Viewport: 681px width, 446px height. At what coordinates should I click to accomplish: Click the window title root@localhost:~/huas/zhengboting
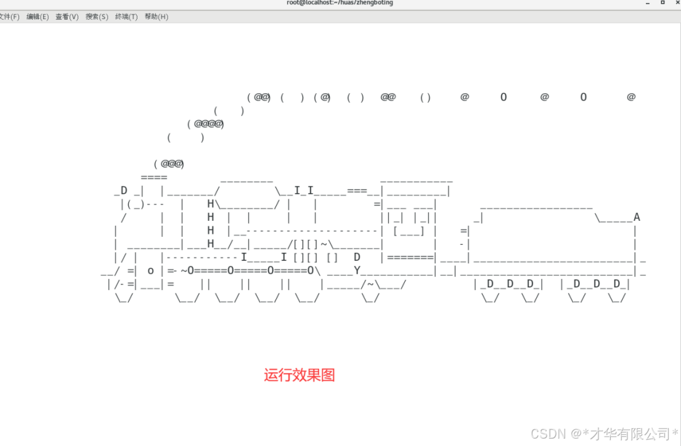[340, 2]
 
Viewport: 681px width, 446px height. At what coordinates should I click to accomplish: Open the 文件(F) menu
[9, 17]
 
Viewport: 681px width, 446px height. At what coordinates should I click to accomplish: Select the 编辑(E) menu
[38, 17]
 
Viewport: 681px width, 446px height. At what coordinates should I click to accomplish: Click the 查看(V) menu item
[67, 17]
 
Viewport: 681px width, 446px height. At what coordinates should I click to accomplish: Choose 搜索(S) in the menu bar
[97, 17]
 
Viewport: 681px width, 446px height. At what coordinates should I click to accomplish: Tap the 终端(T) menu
[126, 17]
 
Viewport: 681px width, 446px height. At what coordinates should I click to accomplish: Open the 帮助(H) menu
[157, 17]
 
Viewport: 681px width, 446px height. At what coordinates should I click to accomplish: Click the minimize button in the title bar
[647, 3]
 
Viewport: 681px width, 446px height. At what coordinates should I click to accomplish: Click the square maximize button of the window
[663, 2]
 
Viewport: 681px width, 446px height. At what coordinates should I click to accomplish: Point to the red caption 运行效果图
[300, 375]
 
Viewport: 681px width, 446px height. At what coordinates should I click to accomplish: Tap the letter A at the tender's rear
[637, 217]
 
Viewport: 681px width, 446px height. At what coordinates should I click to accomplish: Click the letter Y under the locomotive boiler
[357, 270]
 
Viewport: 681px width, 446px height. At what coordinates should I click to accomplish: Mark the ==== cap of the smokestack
[153, 177]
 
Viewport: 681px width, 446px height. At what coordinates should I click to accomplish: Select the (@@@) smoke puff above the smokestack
[169, 164]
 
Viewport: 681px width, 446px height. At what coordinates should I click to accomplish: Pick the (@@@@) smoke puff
[205, 124]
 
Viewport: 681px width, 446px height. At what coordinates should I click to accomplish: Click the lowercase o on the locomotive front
[150, 271]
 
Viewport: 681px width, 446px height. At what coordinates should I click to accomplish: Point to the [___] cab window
[408, 231]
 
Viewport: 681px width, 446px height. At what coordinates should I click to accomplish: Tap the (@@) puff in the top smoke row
[259, 97]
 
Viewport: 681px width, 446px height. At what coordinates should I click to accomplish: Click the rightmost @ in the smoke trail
[631, 97]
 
